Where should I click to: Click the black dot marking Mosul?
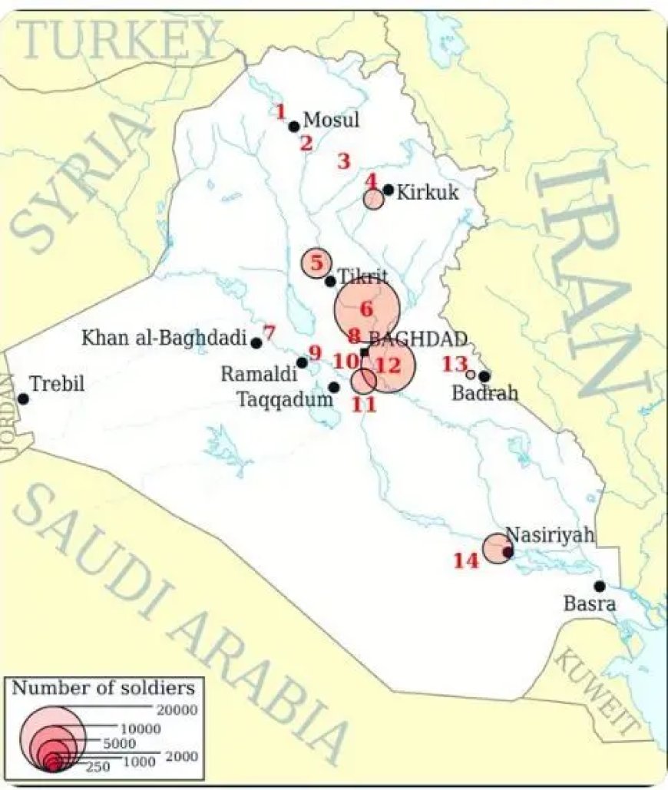[293, 126]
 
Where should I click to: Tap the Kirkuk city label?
[428, 192]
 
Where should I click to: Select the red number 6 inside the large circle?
[365, 309]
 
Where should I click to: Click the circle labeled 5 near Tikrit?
[315, 263]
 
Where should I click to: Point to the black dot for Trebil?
[23, 398]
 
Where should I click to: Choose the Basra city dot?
[600, 586]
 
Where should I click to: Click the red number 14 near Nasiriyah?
[465, 561]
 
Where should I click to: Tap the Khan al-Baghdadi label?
[164, 337]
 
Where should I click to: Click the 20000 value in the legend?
[176, 709]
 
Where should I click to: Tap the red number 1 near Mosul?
[281, 111]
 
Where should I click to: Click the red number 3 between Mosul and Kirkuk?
[343, 161]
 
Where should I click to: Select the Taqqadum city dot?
[334, 387]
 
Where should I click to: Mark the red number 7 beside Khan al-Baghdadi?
[269, 332]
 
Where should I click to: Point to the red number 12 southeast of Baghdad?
[389, 365]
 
